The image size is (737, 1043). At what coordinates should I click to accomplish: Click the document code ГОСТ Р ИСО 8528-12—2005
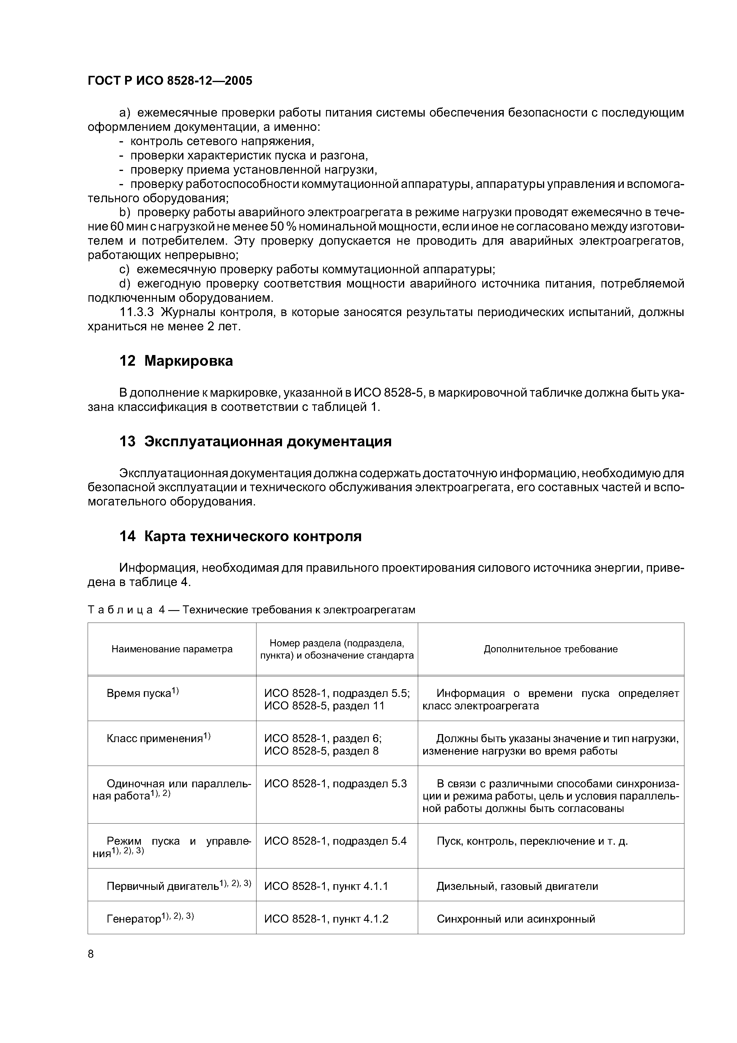(x=170, y=81)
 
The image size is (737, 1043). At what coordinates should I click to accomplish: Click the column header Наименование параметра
(x=172, y=649)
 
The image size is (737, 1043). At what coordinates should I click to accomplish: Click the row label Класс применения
(x=155, y=739)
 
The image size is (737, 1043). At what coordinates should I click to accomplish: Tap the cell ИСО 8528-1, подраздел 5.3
(x=335, y=784)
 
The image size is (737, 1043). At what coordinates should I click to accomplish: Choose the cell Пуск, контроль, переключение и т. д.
(x=532, y=841)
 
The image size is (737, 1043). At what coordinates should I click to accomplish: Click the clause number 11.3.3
(x=137, y=312)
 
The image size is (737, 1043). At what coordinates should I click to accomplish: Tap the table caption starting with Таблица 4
(x=251, y=610)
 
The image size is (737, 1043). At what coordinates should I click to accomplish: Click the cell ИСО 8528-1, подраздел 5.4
(x=335, y=841)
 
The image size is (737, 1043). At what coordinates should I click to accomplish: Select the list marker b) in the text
(x=125, y=213)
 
